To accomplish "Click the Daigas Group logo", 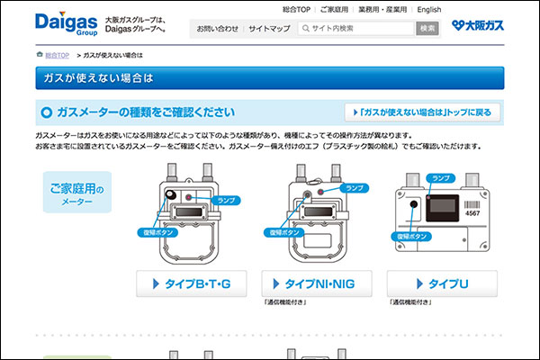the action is pos(66,23).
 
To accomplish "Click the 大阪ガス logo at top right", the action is pos(478,25).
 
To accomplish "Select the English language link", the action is pos(428,10).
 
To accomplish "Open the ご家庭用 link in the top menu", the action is pos(334,10).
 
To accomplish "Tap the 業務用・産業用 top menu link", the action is pos(382,10).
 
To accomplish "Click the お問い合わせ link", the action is pos(217,29).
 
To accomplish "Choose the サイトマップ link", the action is pos(269,29).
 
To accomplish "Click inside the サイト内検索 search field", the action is pos(356,29).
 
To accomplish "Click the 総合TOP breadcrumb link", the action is pos(58,55).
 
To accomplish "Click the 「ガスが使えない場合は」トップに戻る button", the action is pos(422,112).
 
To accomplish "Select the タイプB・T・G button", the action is pos(192,283).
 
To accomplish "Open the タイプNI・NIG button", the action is pos(317,283).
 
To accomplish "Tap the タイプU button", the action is pos(442,283).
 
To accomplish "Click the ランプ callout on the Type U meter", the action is pos(441,178).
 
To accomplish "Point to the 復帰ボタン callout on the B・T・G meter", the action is pos(157,232).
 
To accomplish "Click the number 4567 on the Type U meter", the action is pos(472,213).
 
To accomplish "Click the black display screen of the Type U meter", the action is pos(443,208).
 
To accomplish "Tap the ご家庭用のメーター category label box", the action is pos(77,193).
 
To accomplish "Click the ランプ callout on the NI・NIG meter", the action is pos(355,188).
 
